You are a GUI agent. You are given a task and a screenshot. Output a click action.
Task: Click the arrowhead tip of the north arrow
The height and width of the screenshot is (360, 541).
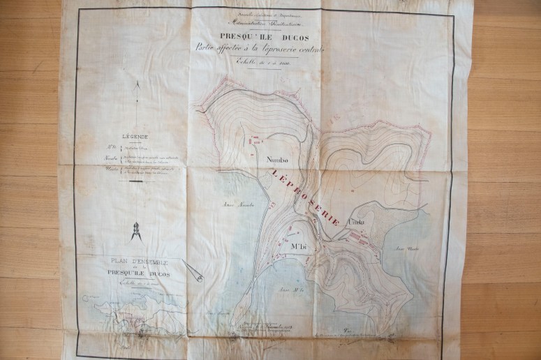tap(139, 83)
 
